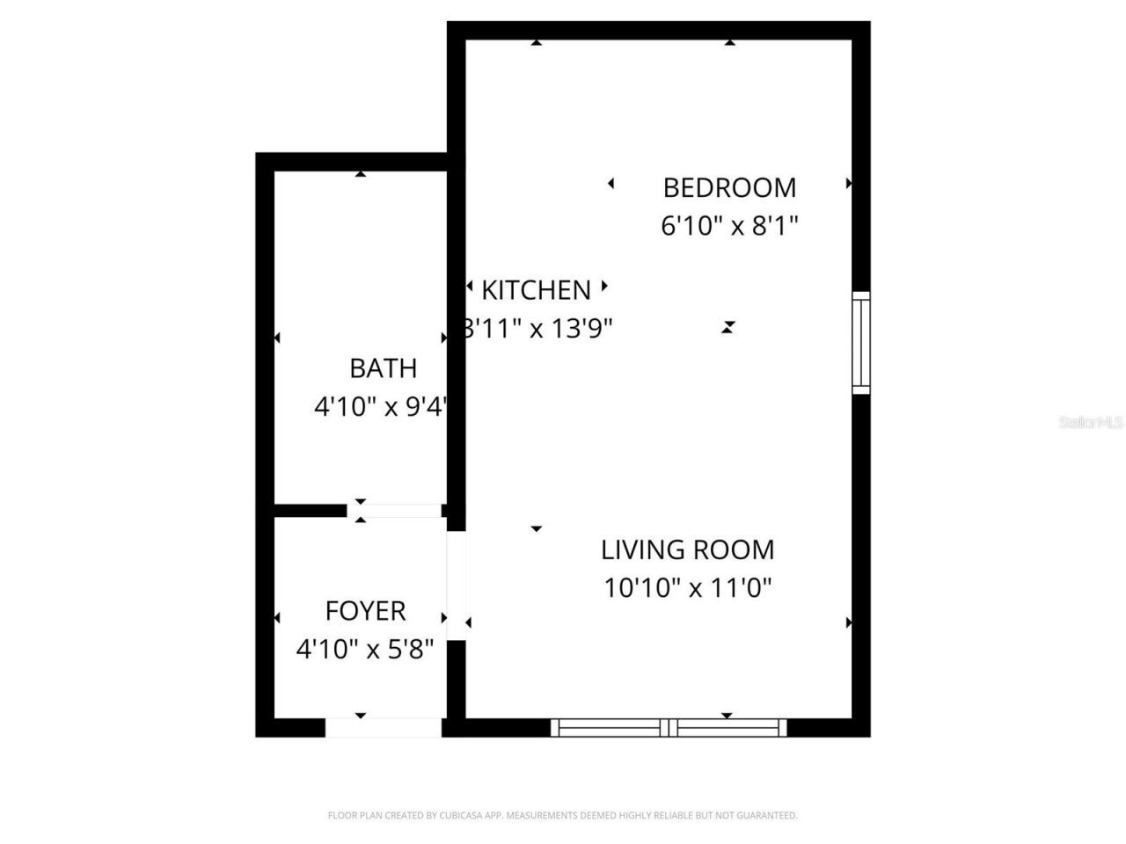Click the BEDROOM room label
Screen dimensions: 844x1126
(x=729, y=187)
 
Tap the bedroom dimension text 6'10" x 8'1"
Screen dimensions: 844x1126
(x=729, y=226)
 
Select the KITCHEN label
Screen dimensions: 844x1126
(x=536, y=289)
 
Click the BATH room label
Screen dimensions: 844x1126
(x=383, y=367)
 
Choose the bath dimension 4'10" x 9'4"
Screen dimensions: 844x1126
(x=382, y=407)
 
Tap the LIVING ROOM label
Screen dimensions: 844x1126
(x=687, y=549)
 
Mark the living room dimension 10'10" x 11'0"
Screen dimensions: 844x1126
(x=687, y=587)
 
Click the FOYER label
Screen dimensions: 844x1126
(x=365, y=610)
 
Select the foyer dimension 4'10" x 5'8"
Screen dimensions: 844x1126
(x=365, y=650)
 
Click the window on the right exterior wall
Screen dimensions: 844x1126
(x=860, y=342)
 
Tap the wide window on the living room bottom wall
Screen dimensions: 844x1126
(x=669, y=727)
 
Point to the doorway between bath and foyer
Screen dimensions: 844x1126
(x=394, y=510)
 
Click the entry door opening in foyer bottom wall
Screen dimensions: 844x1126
(x=384, y=727)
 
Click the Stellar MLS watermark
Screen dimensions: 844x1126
(x=1090, y=423)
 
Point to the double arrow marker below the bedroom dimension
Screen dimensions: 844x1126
(x=728, y=327)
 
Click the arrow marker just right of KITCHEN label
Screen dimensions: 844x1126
(x=604, y=286)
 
